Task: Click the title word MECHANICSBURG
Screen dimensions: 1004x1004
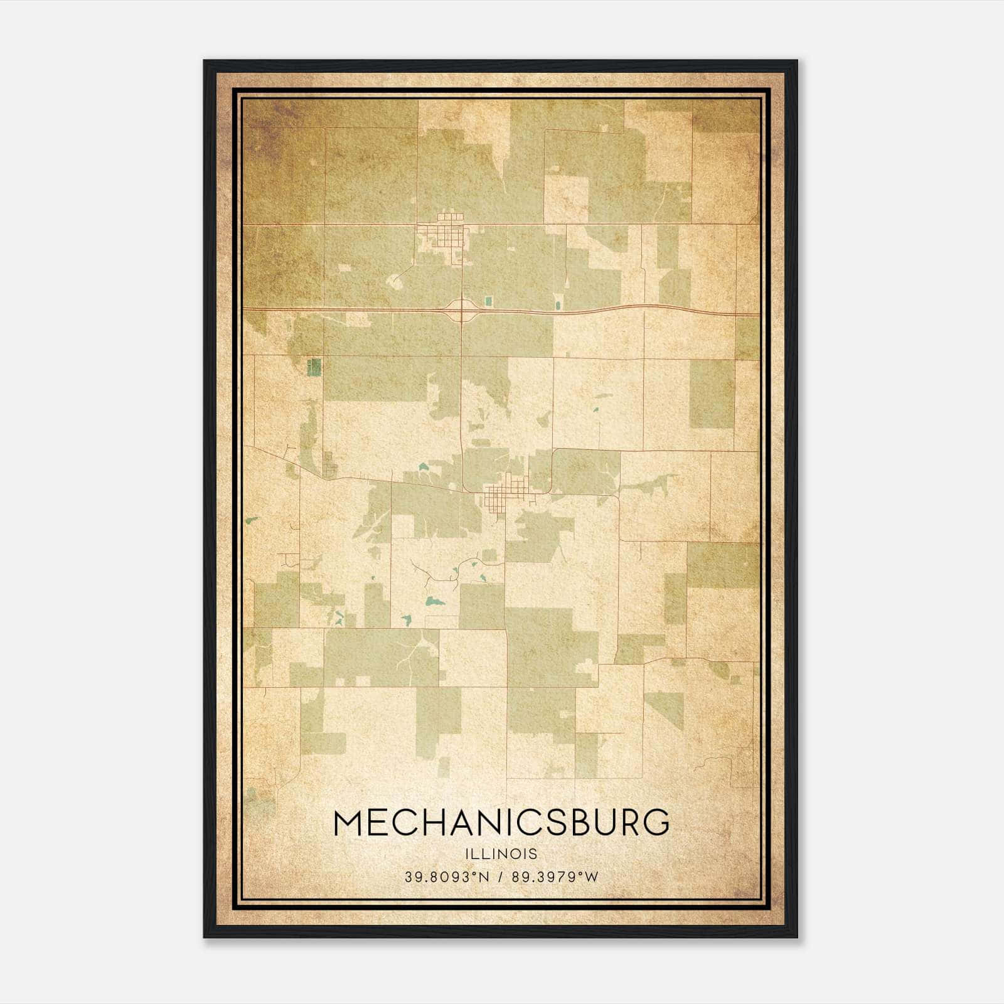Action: (x=501, y=823)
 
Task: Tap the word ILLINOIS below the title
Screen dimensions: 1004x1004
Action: (x=501, y=854)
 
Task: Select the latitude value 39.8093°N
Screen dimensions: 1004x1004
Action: (x=446, y=877)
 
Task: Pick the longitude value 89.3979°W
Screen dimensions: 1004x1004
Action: (x=555, y=877)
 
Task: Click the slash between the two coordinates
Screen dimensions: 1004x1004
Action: (x=501, y=877)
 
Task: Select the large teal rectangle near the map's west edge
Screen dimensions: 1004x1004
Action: (x=314, y=367)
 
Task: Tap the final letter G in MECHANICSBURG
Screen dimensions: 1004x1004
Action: (x=656, y=823)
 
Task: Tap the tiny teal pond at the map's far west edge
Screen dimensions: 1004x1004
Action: (x=253, y=520)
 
